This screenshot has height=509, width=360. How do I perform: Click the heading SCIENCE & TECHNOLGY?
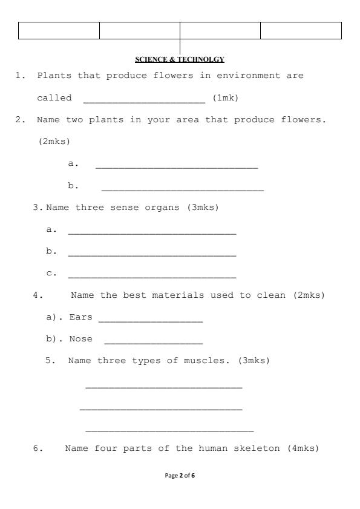(x=180, y=59)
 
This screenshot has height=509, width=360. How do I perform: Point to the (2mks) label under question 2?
(x=54, y=141)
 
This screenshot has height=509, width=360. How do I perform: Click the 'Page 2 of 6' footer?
(x=180, y=476)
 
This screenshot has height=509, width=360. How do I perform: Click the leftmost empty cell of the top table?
(x=59, y=30)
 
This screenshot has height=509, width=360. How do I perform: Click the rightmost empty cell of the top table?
(x=301, y=30)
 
